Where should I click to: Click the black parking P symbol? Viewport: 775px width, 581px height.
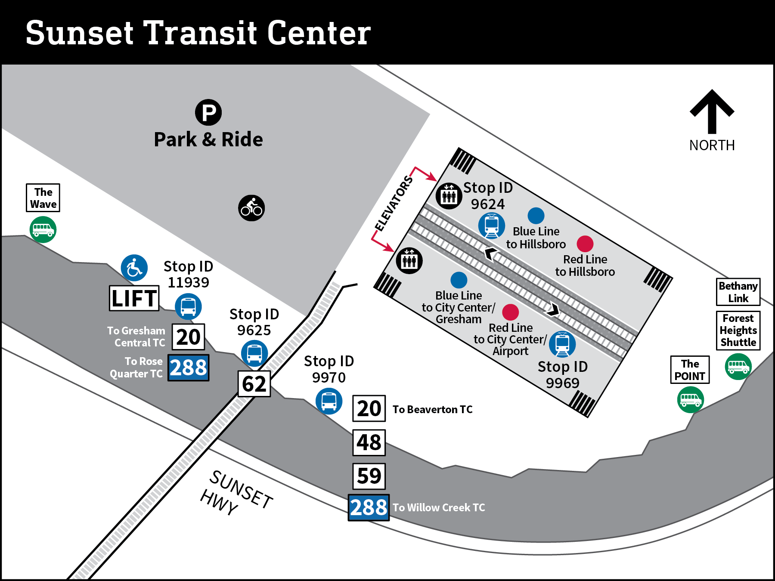(x=208, y=113)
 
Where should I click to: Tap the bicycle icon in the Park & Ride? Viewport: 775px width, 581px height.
(x=251, y=208)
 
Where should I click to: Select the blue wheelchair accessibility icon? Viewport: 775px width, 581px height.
(x=134, y=268)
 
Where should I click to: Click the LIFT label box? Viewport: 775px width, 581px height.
(x=134, y=298)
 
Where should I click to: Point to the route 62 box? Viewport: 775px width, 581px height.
(x=254, y=383)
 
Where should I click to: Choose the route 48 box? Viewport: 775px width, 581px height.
(x=369, y=442)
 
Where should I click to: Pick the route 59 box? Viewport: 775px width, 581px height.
(x=369, y=476)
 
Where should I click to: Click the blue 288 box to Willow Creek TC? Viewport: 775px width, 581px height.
(x=369, y=507)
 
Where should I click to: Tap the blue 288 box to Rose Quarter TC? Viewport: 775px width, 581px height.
(x=188, y=368)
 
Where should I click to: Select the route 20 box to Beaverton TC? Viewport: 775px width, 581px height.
(x=369, y=408)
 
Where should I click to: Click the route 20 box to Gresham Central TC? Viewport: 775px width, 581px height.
(x=188, y=337)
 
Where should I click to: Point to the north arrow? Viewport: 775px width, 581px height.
(x=712, y=112)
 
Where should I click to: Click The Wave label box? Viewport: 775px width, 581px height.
(x=43, y=198)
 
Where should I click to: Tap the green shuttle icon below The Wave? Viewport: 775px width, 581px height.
(x=43, y=229)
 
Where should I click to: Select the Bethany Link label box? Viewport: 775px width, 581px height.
(x=738, y=292)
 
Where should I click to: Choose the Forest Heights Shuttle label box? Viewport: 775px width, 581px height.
(x=738, y=330)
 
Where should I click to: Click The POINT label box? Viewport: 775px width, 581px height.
(x=690, y=370)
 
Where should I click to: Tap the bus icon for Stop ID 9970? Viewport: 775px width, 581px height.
(x=329, y=401)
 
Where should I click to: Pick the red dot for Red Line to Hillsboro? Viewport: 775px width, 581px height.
(x=585, y=244)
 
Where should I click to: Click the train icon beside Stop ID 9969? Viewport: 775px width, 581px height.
(x=562, y=344)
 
